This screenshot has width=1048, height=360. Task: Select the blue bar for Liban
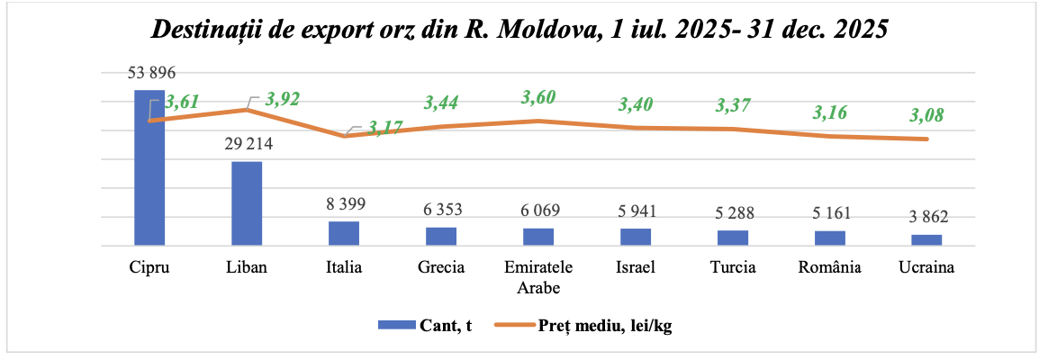247,202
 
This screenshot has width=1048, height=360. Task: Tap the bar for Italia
344,233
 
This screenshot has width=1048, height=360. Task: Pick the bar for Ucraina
926,239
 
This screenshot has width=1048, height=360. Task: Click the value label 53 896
149,74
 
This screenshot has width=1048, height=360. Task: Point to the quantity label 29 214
247,144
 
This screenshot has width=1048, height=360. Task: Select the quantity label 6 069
538,211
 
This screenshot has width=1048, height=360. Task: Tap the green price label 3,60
538,96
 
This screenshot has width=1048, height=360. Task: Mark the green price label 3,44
441,103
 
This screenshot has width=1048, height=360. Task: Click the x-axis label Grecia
441,268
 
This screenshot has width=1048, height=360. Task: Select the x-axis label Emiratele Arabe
538,277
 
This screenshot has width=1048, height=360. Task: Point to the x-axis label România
830,268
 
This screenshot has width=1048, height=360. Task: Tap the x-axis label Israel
636,268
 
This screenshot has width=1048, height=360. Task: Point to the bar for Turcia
733,238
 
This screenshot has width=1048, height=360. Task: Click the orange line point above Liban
247,110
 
